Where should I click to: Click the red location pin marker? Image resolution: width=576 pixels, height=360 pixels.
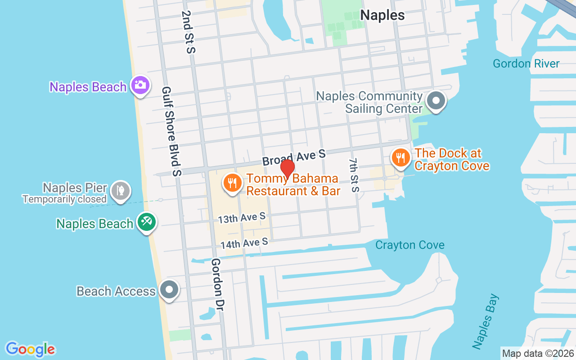point(288,169)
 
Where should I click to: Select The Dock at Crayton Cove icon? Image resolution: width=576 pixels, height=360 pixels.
point(400,157)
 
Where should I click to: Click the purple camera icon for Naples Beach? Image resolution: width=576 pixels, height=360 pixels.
point(140,85)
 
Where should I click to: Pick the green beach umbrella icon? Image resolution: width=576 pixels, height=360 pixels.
point(147,222)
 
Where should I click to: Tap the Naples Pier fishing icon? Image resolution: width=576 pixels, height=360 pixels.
point(120,190)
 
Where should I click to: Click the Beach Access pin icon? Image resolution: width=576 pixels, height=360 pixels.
point(169,290)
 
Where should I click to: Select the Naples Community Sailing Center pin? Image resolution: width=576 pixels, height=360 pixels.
point(436,100)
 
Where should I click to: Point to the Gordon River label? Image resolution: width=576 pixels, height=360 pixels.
point(526,63)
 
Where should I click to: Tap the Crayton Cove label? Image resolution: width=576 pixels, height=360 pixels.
point(410,245)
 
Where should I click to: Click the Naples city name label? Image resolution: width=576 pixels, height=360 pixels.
point(382,15)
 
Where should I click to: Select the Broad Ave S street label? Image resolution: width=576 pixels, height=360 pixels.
point(294,157)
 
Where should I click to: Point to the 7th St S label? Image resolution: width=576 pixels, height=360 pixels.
point(354,175)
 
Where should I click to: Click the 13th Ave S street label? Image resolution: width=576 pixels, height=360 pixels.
point(242,218)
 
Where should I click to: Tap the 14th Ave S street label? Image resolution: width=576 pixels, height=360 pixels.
point(244,243)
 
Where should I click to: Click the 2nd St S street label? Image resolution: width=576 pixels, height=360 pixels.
point(188,32)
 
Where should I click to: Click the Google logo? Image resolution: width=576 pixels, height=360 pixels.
point(31,349)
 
